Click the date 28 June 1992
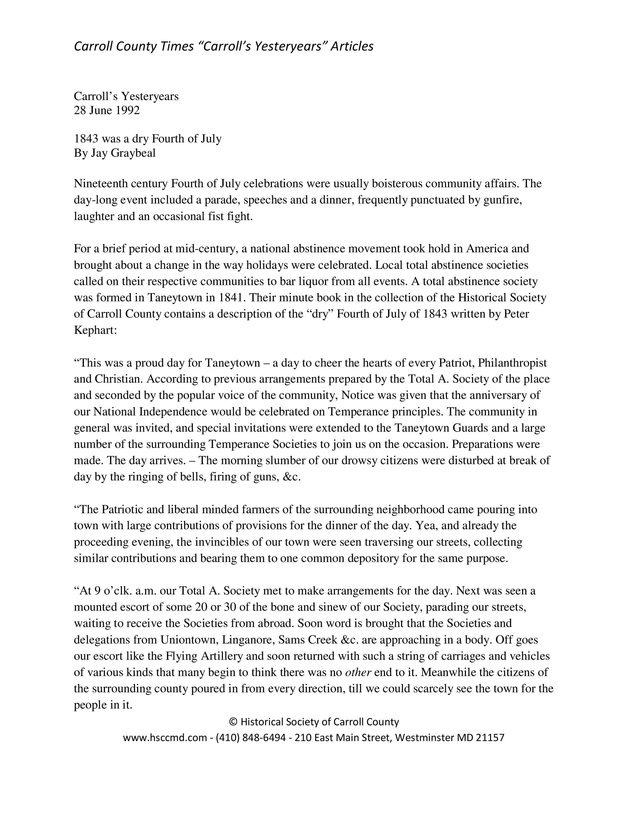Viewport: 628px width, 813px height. [x=107, y=110]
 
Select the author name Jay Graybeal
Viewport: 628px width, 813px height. [x=123, y=153]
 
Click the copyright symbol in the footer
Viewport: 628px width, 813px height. [x=233, y=722]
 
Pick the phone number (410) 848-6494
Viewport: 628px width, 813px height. [x=251, y=737]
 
